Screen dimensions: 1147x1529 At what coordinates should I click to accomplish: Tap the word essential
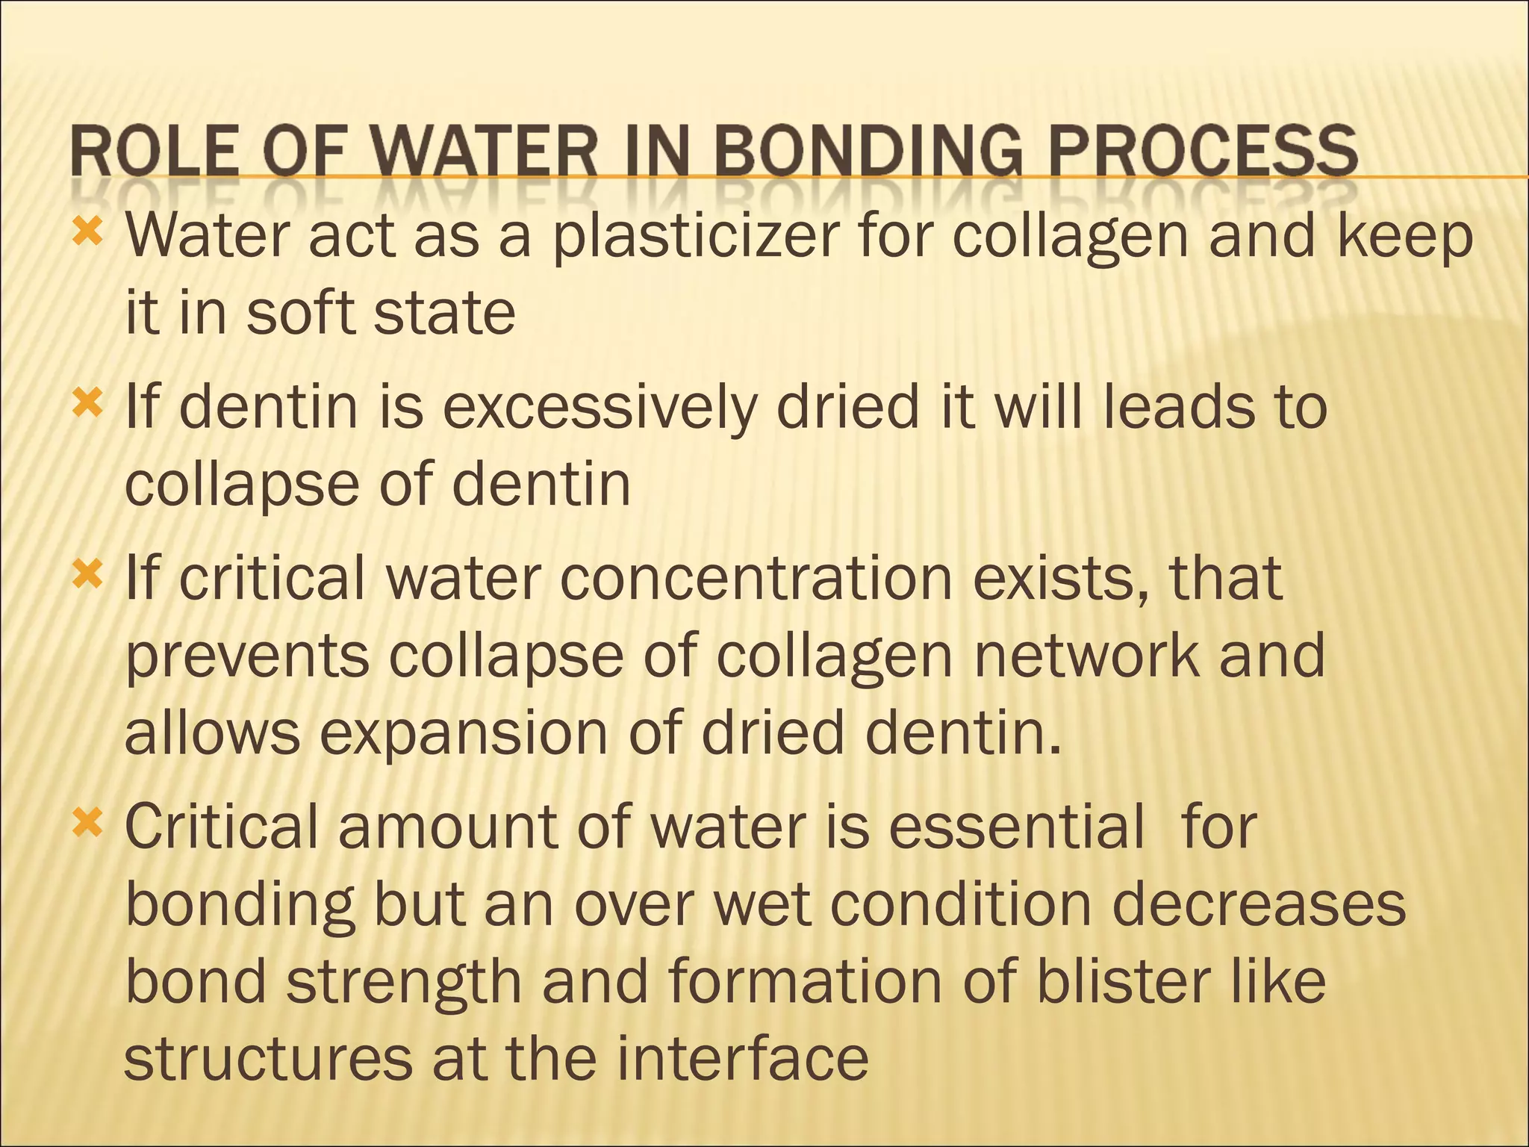(1016, 827)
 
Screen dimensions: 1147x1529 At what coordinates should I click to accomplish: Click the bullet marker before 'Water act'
(87, 234)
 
